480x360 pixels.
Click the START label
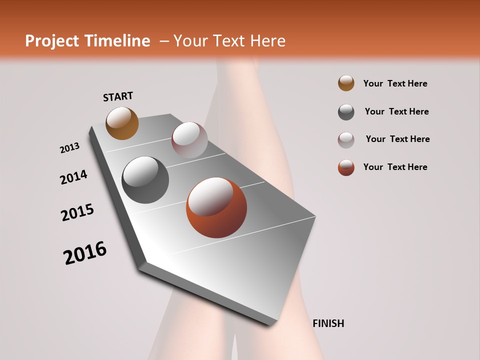tap(118, 96)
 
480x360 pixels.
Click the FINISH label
tap(328, 323)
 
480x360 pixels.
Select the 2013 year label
tap(69, 148)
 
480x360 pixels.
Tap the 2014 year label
tap(73, 177)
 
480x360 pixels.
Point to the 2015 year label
tap(77, 212)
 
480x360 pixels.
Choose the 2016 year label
tap(85, 253)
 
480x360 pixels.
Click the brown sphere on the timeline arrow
tap(122, 123)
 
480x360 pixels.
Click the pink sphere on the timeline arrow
tap(189, 140)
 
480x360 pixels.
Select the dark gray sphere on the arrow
tap(145, 180)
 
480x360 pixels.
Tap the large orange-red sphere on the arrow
tap(216, 207)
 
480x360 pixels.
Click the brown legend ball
tap(346, 83)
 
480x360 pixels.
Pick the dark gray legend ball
tap(346, 112)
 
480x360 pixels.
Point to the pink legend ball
tap(346, 140)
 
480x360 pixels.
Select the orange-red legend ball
tap(346, 167)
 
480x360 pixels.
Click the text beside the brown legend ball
tap(395, 84)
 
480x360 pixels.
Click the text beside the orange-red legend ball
tap(395, 167)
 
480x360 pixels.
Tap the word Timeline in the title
tap(117, 41)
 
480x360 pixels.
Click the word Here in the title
tap(267, 41)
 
